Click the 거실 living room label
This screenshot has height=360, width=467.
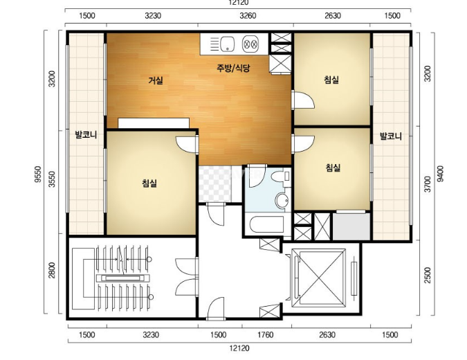tap(156, 80)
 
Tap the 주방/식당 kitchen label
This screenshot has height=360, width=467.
tap(233, 69)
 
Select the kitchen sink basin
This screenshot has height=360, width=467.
tap(227, 44)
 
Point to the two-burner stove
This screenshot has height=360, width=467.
tap(250, 44)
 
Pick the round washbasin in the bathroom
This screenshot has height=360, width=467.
tap(282, 200)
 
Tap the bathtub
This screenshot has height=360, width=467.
tap(266, 224)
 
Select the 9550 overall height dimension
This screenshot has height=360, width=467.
tap(37, 174)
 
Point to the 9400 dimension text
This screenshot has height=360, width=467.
tap(440, 174)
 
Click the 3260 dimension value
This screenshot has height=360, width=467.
tap(248, 15)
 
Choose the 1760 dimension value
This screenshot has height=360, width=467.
tap(265, 334)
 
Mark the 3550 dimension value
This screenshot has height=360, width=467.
tap(52, 179)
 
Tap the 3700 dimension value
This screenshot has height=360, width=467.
tap(428, 184)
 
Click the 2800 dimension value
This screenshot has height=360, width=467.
tap(52, 270)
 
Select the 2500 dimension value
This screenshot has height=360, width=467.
tap(428, 275)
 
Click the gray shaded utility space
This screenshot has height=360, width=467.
tap(351, 226)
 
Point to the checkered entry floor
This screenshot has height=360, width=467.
tap(215, 184)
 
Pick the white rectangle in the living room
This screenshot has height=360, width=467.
tap(154, 123)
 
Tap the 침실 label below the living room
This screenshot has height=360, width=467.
tap(149, 183)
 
